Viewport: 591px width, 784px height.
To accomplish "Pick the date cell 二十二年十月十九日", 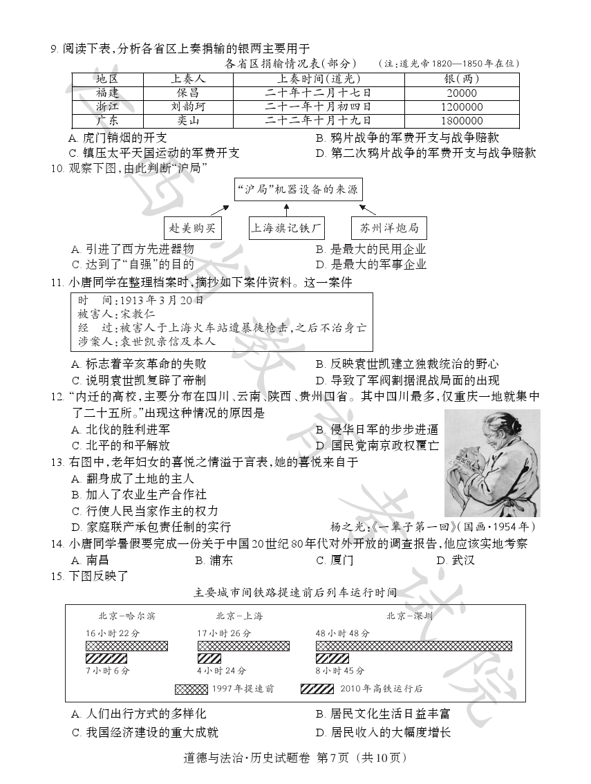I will (x=318, y=120).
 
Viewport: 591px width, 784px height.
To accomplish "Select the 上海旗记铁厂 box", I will (x=286, y=228).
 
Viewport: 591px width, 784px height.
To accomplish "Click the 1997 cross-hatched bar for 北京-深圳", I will (x=414, y=646).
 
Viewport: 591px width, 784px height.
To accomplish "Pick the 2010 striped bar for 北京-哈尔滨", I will (x=106, y=658).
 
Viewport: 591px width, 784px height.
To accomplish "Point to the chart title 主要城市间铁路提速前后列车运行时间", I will (x=296, y=592).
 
